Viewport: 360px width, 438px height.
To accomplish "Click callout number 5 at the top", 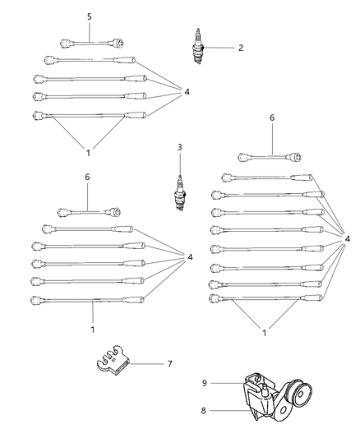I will click(x=90, y=16).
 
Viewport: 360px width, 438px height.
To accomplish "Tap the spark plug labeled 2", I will click(x=197, y=47).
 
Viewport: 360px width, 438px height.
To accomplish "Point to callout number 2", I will click(x=241, y=48).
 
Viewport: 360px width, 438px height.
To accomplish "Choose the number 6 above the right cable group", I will click(x=271, y=118).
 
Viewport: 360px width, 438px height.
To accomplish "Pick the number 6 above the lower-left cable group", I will click(x=88, y=177).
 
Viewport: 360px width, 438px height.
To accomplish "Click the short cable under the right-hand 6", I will click(x=267, y=156).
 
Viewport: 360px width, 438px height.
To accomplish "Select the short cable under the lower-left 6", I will click(x=86, y=212).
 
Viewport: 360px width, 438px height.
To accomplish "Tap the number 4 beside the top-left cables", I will click(x=187, y=92).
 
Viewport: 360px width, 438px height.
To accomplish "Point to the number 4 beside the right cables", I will click(x=348, y=238).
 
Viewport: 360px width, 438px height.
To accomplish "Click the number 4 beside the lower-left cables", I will click(x=191, y=257).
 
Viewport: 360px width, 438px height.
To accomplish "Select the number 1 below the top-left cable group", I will click(x=88, y=152).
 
